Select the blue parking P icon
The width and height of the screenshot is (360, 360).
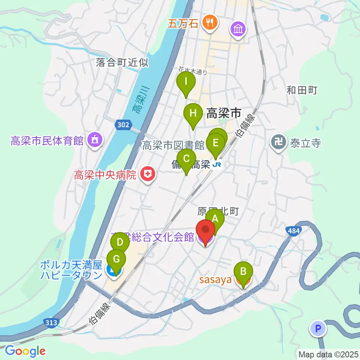318,329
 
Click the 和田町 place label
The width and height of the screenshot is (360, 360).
302,90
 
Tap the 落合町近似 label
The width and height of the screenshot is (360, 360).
122,62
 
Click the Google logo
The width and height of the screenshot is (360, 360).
25,351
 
